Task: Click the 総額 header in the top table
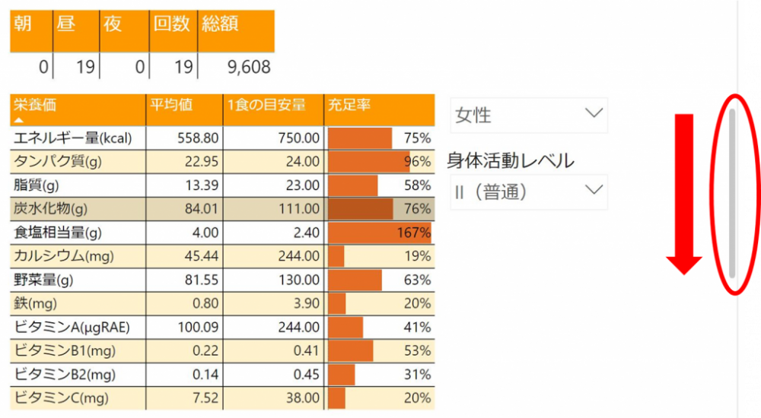click(x=220, y=24)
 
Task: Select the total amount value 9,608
click(x=249, y=67)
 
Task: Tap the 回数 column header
click(x=171, y=24)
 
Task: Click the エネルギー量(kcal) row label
click(x=73, y=138)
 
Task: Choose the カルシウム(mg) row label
click(x=63, y=256)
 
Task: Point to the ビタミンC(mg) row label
click(x=61, y=397)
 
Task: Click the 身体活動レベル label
click(x=510, y=160)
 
